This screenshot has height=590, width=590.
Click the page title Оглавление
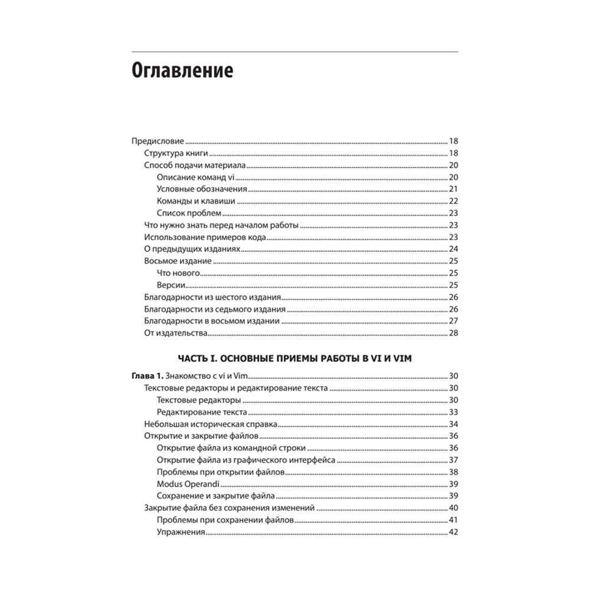(x=182, y=71)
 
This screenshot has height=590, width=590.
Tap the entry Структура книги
(x=175, y=153)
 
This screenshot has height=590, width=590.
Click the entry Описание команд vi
(x=196, y=178)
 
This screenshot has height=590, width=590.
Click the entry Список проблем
(x=189, y=213)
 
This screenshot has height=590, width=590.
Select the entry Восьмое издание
(x=178, y=261)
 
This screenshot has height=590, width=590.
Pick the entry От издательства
(x=175, y=333)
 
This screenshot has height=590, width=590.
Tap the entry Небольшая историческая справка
(x=211, y=424)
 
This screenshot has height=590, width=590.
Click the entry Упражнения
(x=181, y=532)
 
